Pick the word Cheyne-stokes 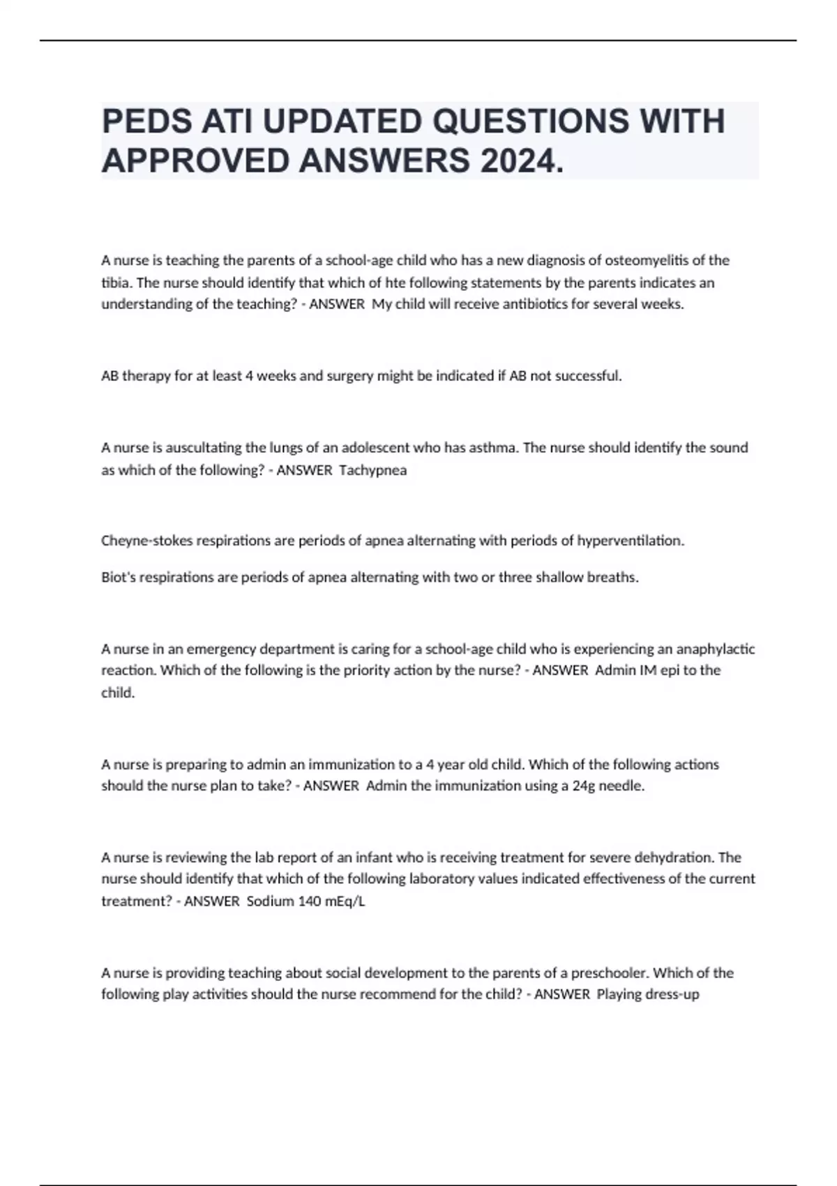click(143, 541)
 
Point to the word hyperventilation click(630, 541)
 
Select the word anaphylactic click(716, 649)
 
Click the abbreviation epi click(668, 670)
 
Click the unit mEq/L click(345, 901)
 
